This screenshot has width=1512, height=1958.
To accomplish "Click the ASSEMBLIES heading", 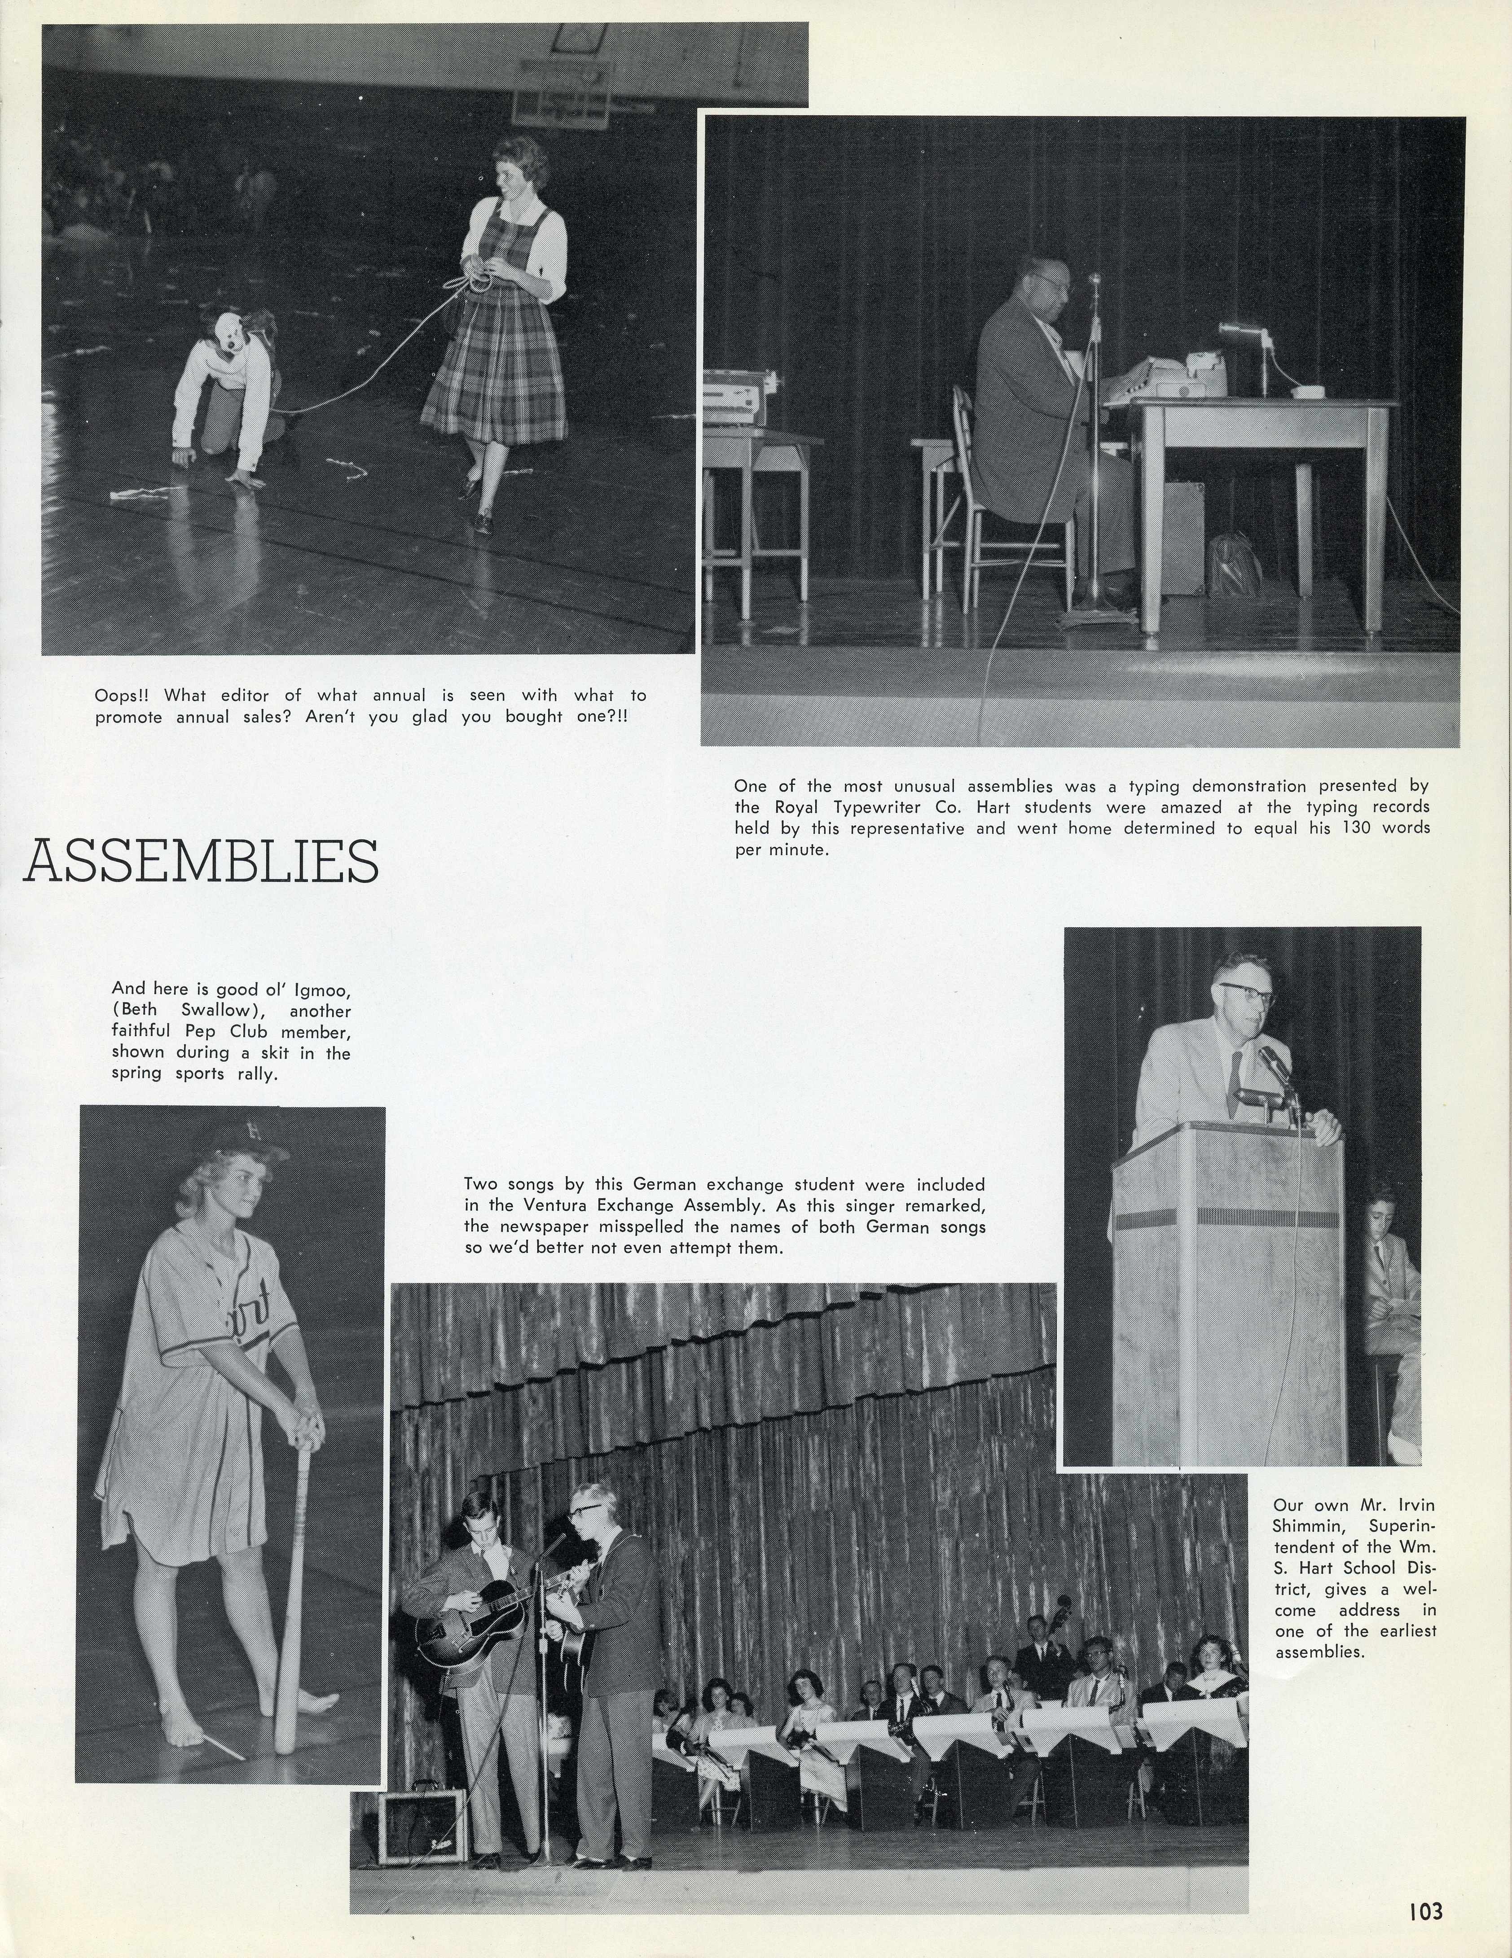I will (201, 862).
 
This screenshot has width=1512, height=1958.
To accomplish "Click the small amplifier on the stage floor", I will (422, 1815).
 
